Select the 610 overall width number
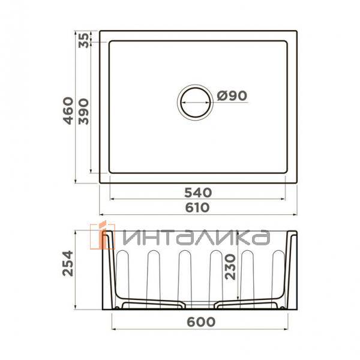199,207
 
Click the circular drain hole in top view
194,100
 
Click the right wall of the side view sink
292,270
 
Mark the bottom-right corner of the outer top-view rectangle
299,183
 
